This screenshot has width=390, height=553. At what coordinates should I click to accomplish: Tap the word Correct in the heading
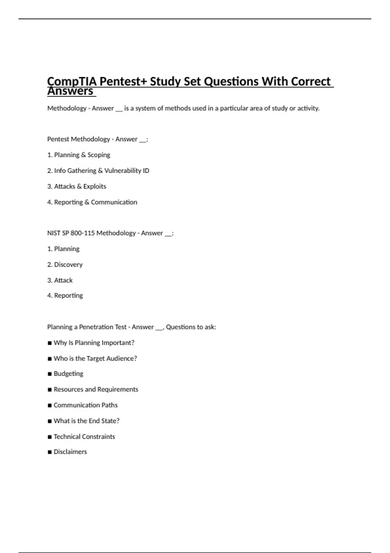[x=311, y=81]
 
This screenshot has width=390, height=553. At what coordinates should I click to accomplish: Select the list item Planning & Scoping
[x=82, y=155]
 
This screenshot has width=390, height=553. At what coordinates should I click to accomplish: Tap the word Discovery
[x=68, y=264]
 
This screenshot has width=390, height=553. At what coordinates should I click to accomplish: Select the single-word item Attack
[x=63, y=280]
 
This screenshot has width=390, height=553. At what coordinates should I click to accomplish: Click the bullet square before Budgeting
[x=50, y=374]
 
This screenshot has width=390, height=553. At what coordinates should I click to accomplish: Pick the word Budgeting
[x=68, y=374]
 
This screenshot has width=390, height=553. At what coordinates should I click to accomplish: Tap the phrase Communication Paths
[x=85, y=405]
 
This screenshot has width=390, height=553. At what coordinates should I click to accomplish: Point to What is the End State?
[x=86, y=421]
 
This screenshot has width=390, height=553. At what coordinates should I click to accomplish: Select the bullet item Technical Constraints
[x=84, y=437]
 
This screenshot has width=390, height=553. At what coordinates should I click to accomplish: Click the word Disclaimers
[x=70, y=452]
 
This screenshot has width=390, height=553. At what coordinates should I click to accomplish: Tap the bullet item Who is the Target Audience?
[x=95, y=358]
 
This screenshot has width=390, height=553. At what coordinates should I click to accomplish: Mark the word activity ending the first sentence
[x=308, y=108]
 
